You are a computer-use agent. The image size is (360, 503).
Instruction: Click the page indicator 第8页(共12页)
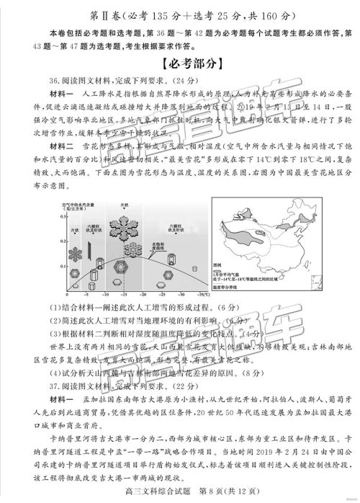click(x=212, y=493)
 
